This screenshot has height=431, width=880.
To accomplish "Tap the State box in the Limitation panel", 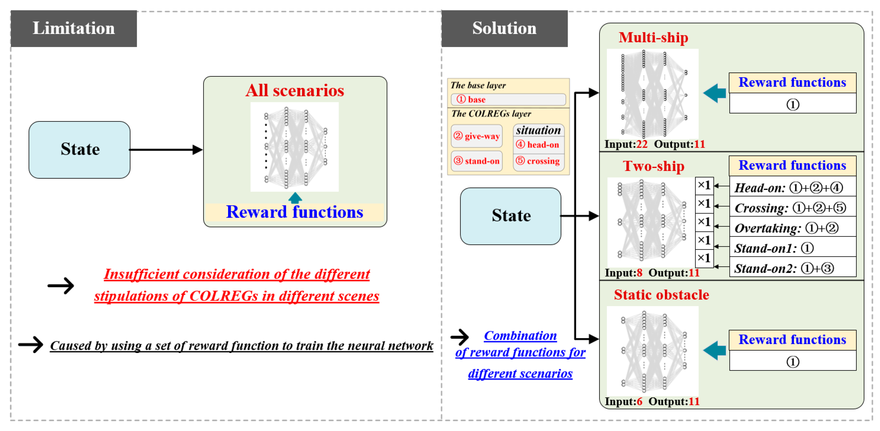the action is (x=80, y=150).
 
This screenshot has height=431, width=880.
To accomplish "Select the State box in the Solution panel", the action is (x=511, y=216).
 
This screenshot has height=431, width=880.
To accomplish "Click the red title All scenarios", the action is (x=295, y=91).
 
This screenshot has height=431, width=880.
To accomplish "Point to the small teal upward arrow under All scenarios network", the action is (x=295, y=198).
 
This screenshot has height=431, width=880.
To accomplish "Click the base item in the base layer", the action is (x=508, y=100).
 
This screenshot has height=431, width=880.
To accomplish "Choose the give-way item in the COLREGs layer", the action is (x=477, y=136).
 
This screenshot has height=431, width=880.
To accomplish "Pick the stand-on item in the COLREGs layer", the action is (x=477, y=161).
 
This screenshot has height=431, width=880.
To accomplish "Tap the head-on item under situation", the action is (x=539, y=145).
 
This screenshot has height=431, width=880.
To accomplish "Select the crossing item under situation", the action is (x=539, y=161).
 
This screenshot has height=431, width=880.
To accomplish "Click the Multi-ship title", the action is (x=654, y=38).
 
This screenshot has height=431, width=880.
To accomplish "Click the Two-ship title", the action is (x=654, y=166).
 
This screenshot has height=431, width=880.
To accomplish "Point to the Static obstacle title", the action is (x=661, y=295).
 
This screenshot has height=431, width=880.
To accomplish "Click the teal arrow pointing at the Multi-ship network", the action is (x=714, y=93).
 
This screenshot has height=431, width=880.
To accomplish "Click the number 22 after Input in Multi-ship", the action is (x=642, y=144).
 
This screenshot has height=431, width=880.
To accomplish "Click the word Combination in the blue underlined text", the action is (x=520, y=336).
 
